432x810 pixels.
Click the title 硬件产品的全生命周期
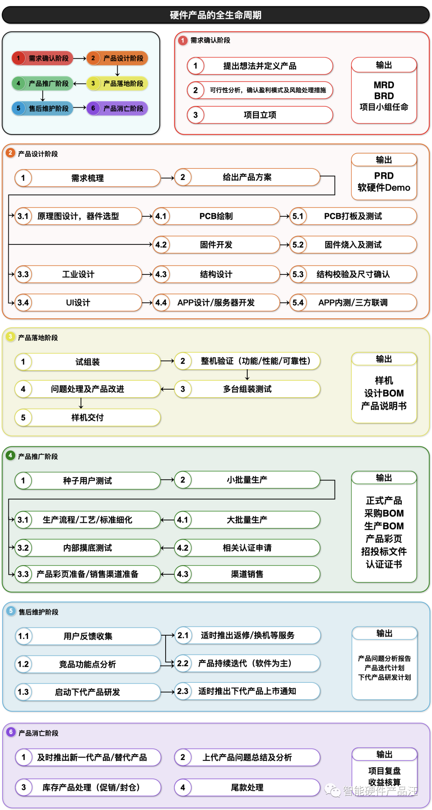tap(216, 15)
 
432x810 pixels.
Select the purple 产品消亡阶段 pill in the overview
tap(118, 108)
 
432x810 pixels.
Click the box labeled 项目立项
tap(260, 115)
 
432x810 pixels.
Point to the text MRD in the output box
tap(384, 85)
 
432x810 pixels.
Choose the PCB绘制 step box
tap(216, 216)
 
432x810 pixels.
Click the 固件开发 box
tap(216, 245)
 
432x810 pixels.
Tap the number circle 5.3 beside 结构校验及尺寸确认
tap(298, 274)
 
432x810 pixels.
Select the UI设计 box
tap(78, 303)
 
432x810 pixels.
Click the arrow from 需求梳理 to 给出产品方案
tap(167, 178)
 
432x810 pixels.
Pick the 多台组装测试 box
tap(247, 389)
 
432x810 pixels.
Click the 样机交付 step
tap(87, 418)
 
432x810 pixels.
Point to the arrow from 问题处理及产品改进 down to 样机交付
tap(81, 403)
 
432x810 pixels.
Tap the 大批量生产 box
tap(247, 520)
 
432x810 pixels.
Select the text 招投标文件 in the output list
tap(384, 552)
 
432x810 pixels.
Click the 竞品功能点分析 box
tap(87, 664)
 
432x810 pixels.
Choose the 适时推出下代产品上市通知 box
tap(247, 691)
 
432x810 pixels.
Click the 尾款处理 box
tap(247, 788)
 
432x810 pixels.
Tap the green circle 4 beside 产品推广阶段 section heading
tap(10, 456)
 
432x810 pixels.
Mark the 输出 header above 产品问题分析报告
tap(384, 633)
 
